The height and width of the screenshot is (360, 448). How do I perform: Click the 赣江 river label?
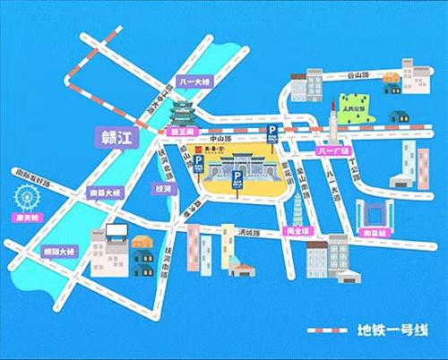[x=114, y=138]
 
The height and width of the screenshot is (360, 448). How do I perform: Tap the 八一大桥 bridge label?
[x=194, y=81]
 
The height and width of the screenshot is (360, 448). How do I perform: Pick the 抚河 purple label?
[x=162, y=189]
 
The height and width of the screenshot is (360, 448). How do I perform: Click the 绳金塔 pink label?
[x=297, y=230]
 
